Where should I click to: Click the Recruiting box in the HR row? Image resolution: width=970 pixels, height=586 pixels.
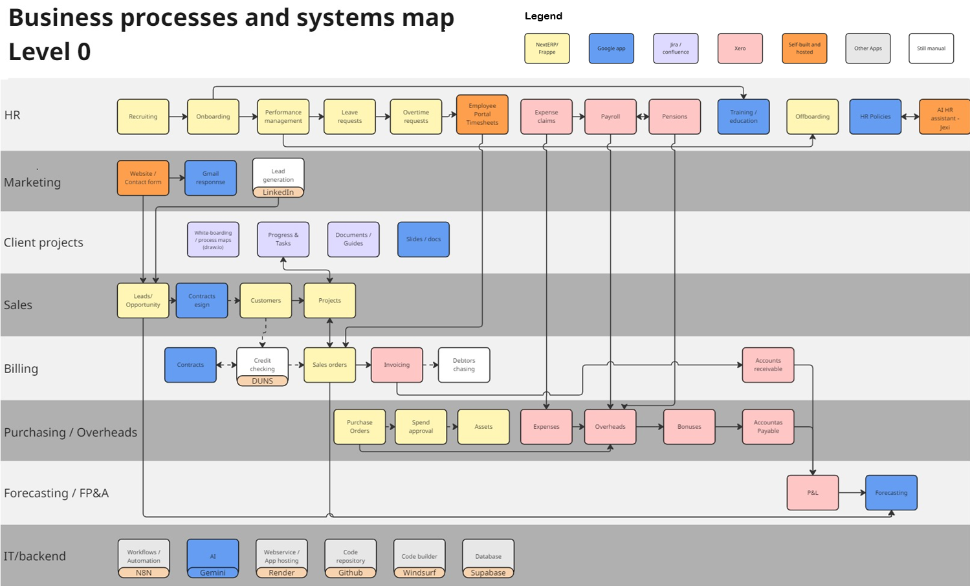(143, 116)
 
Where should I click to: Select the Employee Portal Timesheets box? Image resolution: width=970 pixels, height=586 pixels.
(482, 114)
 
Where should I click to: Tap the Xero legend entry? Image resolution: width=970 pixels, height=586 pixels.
(740, 49)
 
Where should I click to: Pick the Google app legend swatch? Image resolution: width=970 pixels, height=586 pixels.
(611, 49)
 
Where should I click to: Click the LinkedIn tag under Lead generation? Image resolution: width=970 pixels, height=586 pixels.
(278, 192)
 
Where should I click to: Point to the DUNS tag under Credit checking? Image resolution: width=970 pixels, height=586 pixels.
(262, 381)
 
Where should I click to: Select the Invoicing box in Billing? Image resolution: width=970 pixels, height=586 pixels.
(397, 365)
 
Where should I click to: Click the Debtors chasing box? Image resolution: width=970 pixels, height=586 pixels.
(463, 365)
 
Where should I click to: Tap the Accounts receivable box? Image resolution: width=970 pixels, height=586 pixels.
(767, 365)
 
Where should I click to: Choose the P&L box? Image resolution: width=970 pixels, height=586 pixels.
(812, 493)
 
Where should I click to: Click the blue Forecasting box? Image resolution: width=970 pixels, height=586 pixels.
(891, 493)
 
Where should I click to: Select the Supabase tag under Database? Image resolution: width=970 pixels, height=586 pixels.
(488, 572)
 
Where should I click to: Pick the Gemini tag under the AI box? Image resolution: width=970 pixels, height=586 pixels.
(213, 572)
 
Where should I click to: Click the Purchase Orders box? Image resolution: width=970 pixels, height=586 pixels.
(359, 427)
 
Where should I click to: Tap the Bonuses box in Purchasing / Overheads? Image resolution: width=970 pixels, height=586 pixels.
(689, 427)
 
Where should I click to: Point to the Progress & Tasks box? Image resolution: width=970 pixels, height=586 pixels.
(283, 239)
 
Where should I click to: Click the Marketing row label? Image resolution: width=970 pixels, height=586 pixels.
(32, 182)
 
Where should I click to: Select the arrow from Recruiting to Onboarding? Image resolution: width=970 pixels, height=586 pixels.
(178, 116)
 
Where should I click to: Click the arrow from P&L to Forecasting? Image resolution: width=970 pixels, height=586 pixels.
(852, 493)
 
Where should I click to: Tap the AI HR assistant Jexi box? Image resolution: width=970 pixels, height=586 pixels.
(944, 117)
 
